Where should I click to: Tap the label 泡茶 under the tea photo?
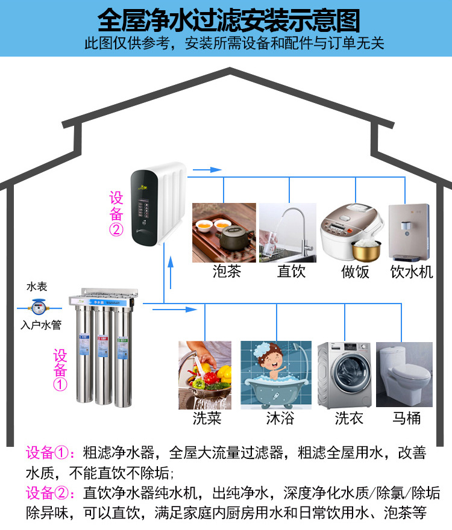tap(227, 272)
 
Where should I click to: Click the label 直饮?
tap(291, 272)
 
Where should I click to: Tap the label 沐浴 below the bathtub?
tap(280, 417)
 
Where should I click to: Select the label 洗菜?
tap(207, 417)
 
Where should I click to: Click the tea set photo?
tap(224, 232)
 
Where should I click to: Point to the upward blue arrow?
tap(171, 263)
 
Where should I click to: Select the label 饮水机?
tap(412, 272)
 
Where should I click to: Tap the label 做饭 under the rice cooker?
tap(355, 272)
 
